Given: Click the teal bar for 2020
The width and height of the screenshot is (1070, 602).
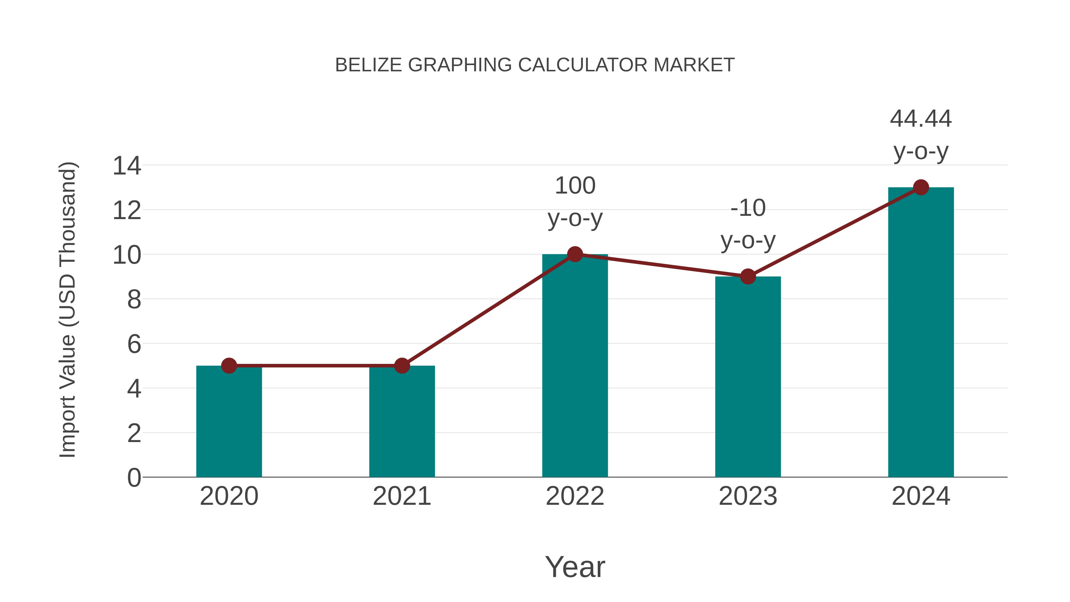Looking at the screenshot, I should pos(229,422).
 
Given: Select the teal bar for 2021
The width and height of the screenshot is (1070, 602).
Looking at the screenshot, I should pos(402,422).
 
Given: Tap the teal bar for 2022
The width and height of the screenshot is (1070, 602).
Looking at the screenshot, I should pos(575,366).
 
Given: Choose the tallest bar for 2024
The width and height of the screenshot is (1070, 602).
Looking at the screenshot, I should pos(921,332).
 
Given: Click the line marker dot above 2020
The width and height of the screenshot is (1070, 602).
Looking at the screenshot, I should pos(229,366).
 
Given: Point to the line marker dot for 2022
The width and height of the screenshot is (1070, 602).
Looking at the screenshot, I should pos(575,254).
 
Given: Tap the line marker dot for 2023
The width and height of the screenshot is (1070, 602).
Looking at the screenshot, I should pos(748,276).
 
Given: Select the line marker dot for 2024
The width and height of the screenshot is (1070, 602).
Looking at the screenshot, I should pos(921,187).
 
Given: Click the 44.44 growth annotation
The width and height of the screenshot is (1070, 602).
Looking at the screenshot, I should pos(921,119).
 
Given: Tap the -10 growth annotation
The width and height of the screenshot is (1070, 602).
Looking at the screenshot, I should pos(748,208).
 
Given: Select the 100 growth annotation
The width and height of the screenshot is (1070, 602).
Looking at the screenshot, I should pos(575,186).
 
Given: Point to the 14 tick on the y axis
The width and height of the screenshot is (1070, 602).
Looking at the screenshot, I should pos(127,166).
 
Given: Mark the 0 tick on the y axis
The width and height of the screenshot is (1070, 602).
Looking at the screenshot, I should pos(134,478).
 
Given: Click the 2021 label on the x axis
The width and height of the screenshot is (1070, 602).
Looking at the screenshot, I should pos(402,496).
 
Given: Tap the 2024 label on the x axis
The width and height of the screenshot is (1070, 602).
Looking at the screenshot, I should pos(921,496).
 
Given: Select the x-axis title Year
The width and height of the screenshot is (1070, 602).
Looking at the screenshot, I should pos(575,567).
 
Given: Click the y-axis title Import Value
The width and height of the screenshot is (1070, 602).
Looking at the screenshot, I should pos(67,309).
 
